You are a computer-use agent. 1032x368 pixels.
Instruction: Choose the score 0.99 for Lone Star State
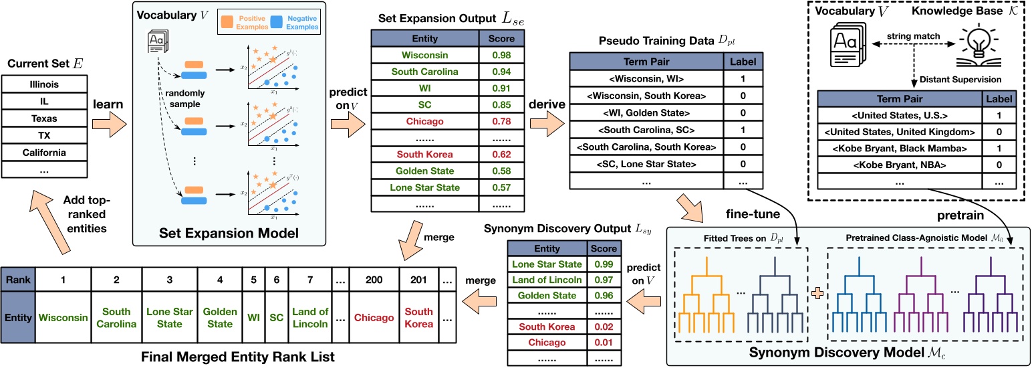tap(604, 265)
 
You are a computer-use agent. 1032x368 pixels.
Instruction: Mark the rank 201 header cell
tap(420, 279)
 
